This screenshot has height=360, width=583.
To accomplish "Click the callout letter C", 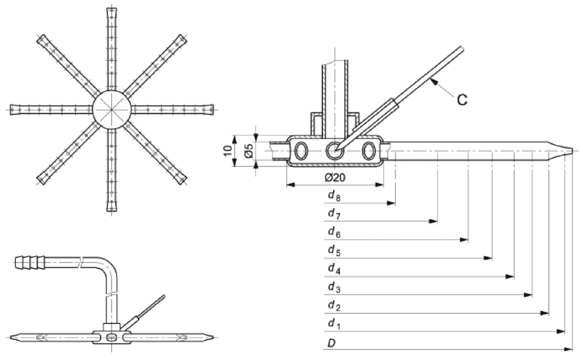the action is click(462, 100).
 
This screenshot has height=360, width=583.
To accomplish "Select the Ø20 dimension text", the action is click(335, 178).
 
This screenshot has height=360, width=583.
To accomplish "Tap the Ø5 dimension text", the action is click(249, 151).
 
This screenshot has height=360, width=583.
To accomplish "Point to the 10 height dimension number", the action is click(229, 150).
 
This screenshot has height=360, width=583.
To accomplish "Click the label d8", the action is click(334, 196).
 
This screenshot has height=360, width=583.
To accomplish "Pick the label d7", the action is click(334, 214).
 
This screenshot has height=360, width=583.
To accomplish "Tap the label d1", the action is click(334, 324).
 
